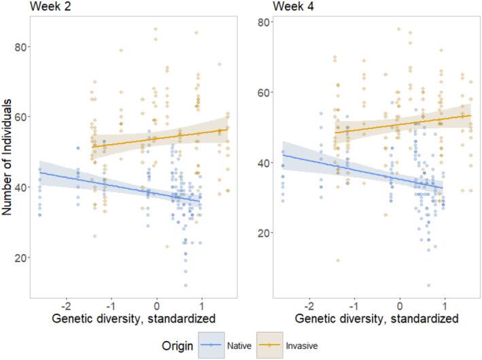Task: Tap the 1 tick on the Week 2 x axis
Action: click(202, 304)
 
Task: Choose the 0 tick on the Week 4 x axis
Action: click(400, 304)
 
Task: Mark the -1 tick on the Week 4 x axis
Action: click(354, 304)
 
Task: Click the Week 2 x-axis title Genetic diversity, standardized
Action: click(133, 318)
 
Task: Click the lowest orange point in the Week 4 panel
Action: click(338, 260)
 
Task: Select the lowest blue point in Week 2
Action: click(185, 285)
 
